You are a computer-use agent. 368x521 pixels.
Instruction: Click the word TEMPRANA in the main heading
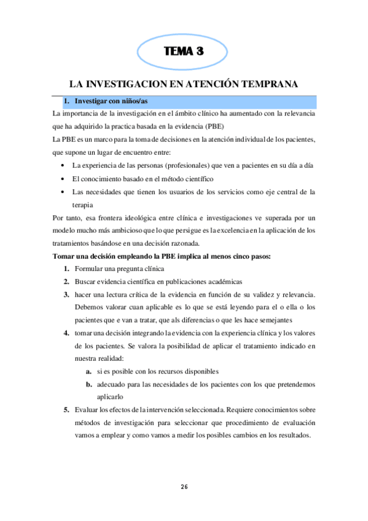pos(264,84)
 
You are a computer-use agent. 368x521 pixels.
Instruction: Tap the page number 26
pos(184,487)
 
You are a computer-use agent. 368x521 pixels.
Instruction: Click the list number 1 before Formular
pos(66,269)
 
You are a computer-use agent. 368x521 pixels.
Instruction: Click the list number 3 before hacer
pos(66,295)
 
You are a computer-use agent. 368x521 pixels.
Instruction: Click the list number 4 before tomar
pos(66,333)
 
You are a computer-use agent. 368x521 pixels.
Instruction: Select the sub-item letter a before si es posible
pos(89,372)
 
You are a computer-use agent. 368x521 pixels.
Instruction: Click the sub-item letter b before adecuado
pos(89,385)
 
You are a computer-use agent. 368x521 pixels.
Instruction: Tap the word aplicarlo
pos(111,398)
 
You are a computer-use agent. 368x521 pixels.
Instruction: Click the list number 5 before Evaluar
pos(66,410)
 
